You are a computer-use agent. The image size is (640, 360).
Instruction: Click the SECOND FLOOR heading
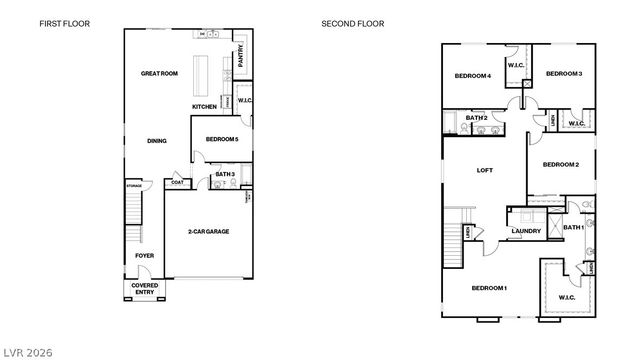[x=352, y=23]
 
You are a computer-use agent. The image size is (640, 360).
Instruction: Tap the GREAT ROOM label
[x=159, y=73]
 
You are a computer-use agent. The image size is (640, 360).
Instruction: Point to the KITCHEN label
[x=204, y=107]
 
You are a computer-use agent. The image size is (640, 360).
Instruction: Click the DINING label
[x=156, y=141]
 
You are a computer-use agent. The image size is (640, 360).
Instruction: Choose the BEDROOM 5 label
[x=221, y=139]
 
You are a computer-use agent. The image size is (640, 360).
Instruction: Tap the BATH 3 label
[x=224, y=175]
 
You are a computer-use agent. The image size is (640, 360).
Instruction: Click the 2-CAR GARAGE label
[x=208, y=231]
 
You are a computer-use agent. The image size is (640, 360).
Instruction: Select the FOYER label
[x=144, y=256]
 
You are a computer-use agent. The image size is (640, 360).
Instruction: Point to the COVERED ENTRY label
[x=144, y=288]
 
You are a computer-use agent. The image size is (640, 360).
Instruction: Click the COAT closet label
[x=177, y=182]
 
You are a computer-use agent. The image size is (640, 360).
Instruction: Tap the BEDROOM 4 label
[x=472, y=76]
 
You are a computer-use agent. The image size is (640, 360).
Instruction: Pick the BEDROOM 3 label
[x=564, y=73]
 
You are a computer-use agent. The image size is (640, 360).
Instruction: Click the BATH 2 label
[x=476, y=119]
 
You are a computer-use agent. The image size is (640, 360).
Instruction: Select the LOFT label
[x=485, y=170]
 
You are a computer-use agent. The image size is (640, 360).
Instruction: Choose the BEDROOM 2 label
[x=561, y=164]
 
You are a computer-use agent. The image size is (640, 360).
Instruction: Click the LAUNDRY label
[x=526, y=232]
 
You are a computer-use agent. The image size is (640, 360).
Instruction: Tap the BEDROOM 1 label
[x=489, y=288]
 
